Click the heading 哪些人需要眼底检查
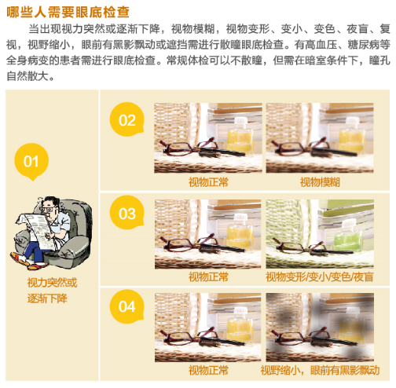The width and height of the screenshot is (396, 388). click(68, 12)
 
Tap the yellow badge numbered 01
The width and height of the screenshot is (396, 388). click(31, 161)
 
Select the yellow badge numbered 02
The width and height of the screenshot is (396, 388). click(127, 119)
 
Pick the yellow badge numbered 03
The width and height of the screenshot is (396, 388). click(127, 213)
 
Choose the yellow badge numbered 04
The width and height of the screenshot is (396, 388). click(127, 306)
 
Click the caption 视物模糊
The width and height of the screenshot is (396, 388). click(320, 182)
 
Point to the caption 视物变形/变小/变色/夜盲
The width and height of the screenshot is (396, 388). click(320, 276)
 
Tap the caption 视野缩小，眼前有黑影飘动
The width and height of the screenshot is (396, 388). click(320, 371)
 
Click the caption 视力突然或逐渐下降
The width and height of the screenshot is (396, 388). click(52, 291)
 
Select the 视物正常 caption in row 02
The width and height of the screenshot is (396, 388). click(208, 182)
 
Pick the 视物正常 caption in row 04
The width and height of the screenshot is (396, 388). click(208, 371)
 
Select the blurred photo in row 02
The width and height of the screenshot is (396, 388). click(320, 137)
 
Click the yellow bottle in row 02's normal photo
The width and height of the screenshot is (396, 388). click(240, 136)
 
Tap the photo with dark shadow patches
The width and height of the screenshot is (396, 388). click(320, 328)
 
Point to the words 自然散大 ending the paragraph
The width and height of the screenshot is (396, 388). click(27, 76)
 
